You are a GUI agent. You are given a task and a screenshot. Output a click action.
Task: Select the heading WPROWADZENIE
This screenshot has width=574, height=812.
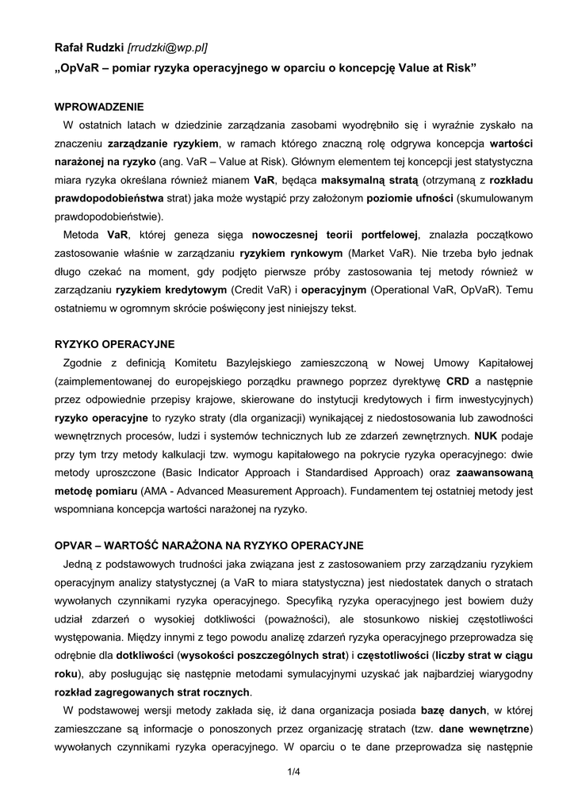click(x=99, y=107)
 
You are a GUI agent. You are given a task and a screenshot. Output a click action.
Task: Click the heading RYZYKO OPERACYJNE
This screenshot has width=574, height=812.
click(x=114, y=344)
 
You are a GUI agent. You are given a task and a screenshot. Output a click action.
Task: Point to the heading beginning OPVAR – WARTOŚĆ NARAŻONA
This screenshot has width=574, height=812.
click(x=209, y=546)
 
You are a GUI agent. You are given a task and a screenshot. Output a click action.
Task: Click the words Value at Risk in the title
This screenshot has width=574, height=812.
click(x=434, y=67)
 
